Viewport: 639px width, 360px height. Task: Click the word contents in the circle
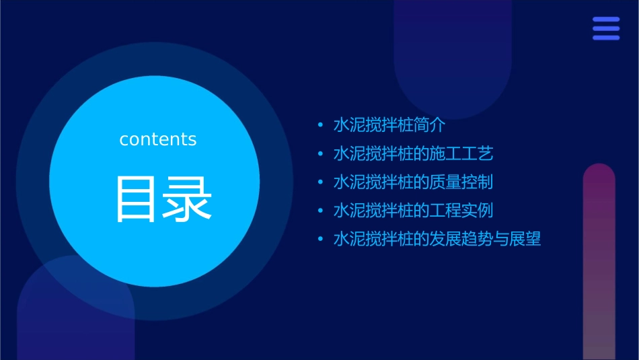[x=158, y=139]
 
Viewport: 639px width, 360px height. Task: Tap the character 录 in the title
[x=185, y=199]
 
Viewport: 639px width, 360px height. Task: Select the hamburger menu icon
[x=606, y=29]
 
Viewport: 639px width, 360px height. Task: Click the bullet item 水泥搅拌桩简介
[x=389, y=125]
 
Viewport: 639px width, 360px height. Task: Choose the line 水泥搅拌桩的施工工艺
[x=414, y=153]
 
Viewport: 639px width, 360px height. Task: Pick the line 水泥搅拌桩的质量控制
[x=414, y=182]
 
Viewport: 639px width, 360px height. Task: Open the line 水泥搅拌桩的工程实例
[x=414, y=210]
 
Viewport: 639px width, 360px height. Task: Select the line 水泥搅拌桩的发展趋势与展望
[x=437, y=239]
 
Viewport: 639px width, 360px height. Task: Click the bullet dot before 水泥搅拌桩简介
[x=320, y=126]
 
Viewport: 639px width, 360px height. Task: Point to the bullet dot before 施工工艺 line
[x=320, y=154]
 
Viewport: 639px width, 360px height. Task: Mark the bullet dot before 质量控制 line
[x=320, y=182]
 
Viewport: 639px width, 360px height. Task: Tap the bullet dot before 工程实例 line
[x=320, y=211]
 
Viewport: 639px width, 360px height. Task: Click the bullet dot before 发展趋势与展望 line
[x=320, y=240]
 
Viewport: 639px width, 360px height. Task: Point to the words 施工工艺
[x=462, y=153]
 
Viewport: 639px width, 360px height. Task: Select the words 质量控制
[x=462, y=182]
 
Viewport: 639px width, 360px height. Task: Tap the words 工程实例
[x=462, y=210]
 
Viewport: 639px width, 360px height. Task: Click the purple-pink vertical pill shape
[x=599, y=262]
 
